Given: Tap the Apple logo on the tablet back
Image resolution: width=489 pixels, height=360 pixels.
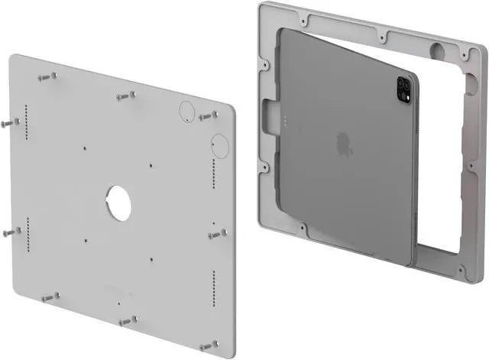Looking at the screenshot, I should click(x=343, y=141).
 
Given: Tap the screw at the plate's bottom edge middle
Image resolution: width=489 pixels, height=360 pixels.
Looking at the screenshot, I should click(x=127, y=320).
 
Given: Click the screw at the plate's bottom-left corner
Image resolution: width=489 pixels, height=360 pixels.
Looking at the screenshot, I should click(x=50, y=296).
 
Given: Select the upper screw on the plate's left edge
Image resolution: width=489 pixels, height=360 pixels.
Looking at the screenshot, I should click(x=10, y=122).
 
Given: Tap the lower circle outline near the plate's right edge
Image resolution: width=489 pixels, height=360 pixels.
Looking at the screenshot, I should click(x=219, y=144).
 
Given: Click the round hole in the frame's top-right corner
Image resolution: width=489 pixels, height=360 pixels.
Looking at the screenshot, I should click(x=439, y=52).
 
